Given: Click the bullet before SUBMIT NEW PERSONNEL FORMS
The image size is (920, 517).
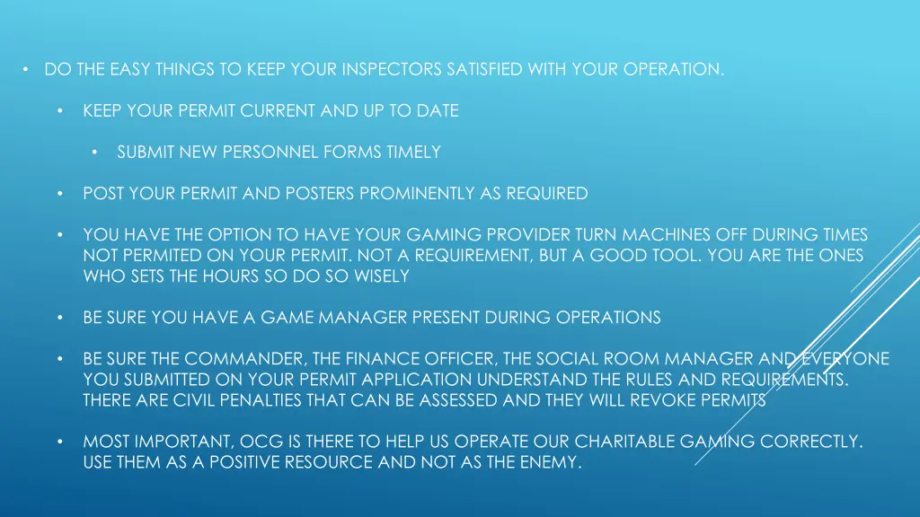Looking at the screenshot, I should pos(94,153).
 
